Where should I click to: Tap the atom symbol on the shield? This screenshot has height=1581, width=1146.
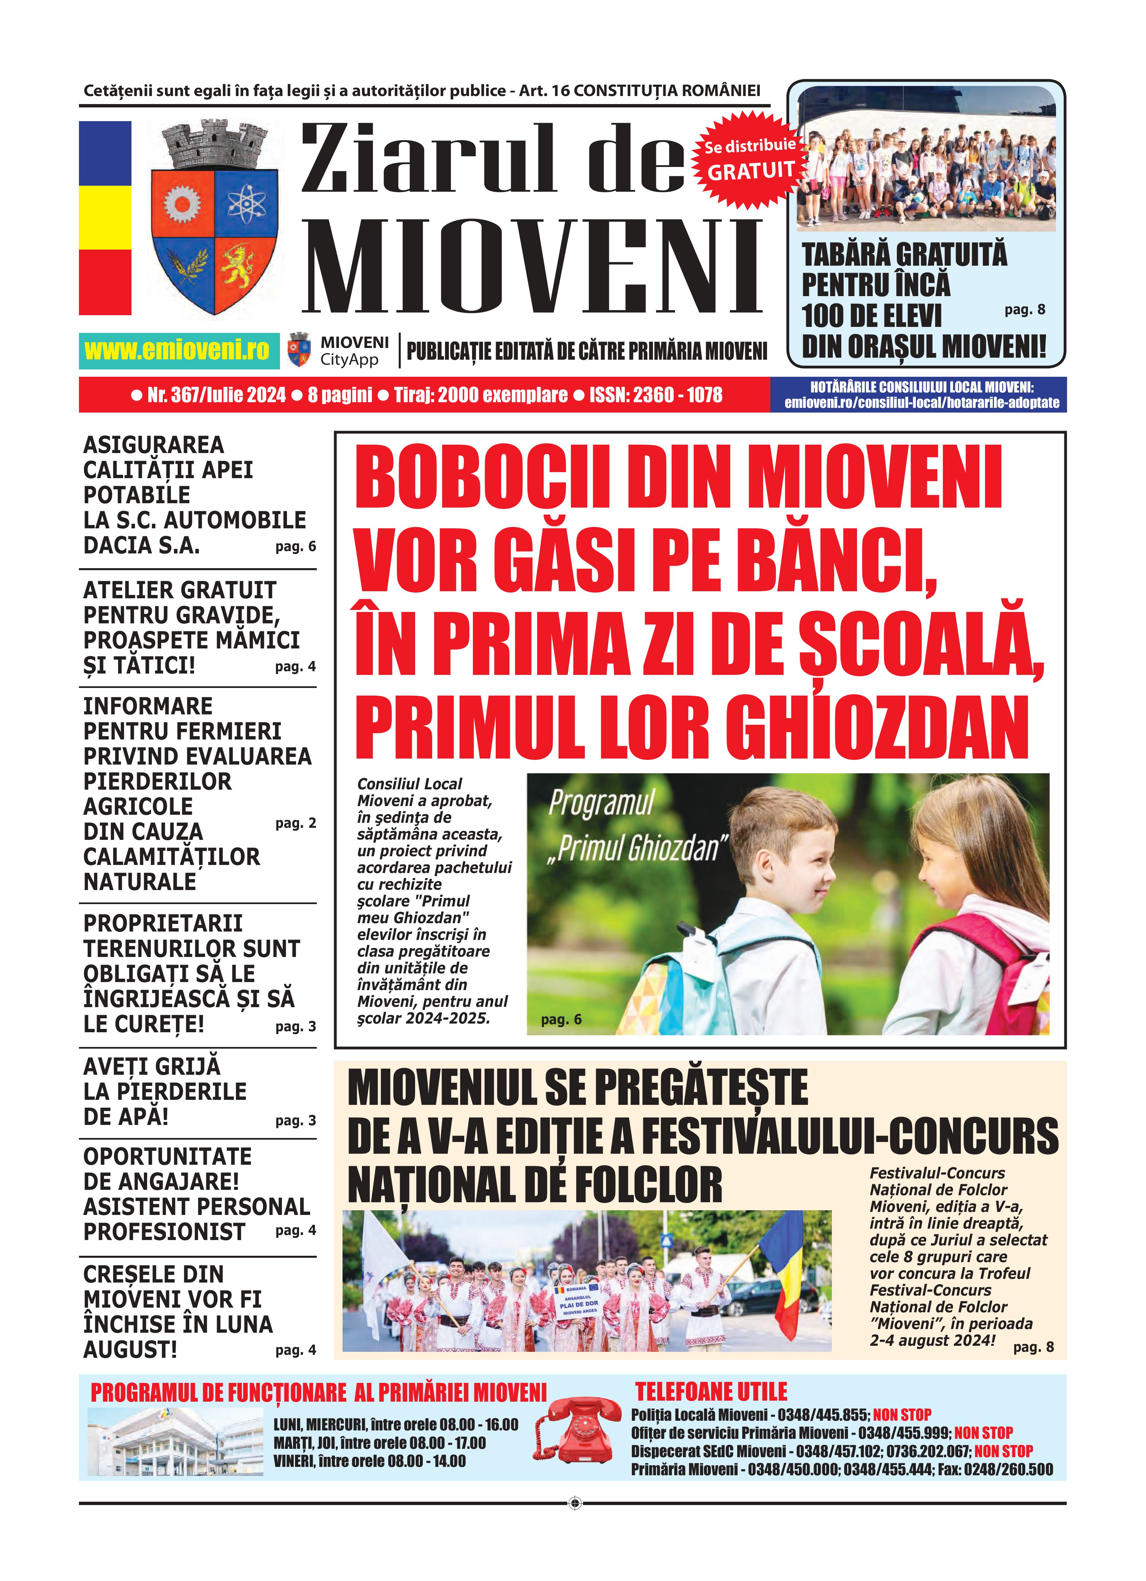(246, 203)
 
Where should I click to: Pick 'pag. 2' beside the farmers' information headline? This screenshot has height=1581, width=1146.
(296, 823)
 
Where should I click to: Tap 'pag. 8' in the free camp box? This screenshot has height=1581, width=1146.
(1024, 310)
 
